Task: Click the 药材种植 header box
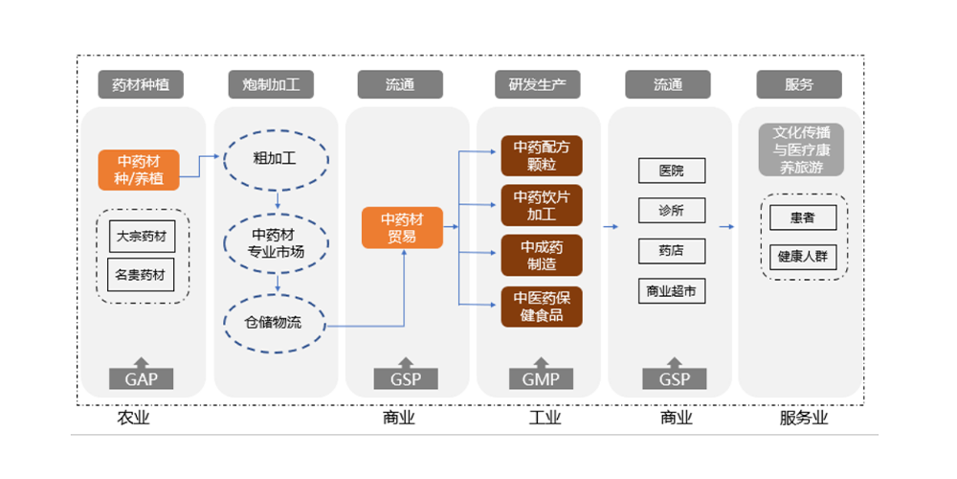141,84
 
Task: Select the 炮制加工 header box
273,84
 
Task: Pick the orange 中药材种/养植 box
139,170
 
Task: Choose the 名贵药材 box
140,274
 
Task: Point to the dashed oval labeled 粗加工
276,158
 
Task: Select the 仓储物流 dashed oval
276,323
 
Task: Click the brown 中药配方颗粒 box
542,155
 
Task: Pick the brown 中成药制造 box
542,255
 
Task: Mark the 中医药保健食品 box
542,306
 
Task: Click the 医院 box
672,171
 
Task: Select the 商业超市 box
672,290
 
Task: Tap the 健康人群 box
803,257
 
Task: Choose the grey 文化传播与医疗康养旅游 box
802,148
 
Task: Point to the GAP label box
141,378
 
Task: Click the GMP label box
541,378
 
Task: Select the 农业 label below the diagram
134,418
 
